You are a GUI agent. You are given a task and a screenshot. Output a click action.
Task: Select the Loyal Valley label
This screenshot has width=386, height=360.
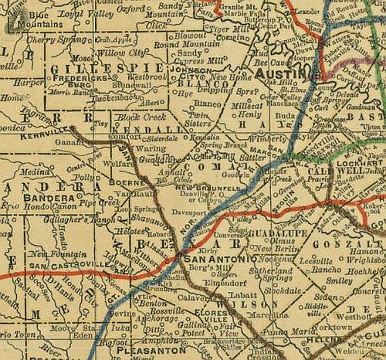pyautogui.click(x=87, y=13)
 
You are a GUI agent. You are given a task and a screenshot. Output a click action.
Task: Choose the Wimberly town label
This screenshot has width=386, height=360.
pyautogui.click(x=267, y=141)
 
